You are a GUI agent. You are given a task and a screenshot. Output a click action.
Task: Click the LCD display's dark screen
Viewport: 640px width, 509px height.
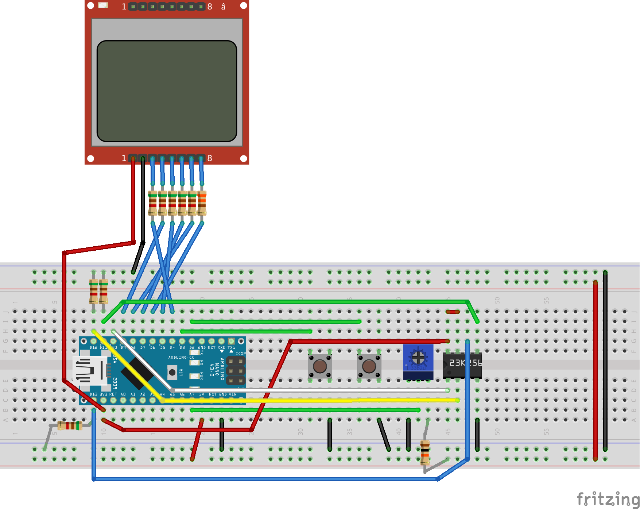coord(167,91)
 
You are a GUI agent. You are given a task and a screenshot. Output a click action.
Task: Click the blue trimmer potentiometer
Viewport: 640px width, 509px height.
coord(418,359)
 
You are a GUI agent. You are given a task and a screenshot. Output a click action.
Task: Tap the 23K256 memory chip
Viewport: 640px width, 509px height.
coord(462,365)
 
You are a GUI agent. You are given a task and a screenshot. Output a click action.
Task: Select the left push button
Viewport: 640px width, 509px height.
coord(320,366)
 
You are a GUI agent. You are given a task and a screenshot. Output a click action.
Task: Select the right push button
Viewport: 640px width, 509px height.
coord(369,366)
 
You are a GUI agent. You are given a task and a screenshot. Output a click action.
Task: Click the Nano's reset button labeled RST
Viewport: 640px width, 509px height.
coord(172,373)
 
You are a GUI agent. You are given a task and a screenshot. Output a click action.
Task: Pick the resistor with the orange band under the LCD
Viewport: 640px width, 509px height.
coord(202,203)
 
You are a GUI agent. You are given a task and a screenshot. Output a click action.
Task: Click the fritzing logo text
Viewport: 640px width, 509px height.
coord(608,499)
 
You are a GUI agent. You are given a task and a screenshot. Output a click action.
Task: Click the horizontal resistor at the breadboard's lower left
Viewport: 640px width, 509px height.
coord(70,425)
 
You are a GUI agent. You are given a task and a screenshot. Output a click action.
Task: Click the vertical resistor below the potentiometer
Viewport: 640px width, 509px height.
coord(425,452)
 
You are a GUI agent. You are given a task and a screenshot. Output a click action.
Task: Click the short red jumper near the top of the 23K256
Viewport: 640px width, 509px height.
coord(453,312)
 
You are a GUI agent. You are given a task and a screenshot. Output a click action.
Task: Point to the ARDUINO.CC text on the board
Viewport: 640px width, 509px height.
coord(181,357)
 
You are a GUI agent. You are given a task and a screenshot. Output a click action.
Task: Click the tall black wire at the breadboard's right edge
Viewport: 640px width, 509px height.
coord(605,361)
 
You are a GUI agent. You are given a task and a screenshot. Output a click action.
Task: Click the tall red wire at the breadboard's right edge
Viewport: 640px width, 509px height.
coord(595,369)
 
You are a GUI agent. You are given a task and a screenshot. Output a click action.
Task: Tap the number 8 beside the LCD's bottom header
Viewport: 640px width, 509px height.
coord(210,158)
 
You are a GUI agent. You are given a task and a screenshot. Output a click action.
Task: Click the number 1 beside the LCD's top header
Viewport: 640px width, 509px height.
coord(124,7)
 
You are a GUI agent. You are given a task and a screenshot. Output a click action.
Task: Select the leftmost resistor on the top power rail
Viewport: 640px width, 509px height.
coord(94,291)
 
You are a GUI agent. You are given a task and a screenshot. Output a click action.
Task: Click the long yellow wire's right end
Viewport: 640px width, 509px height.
coord(457,400)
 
